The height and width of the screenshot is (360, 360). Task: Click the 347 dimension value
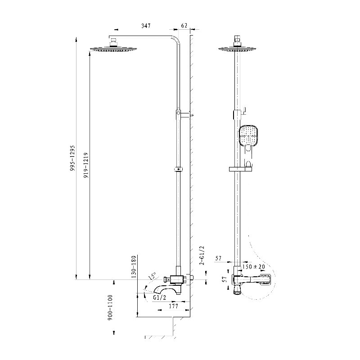(146, 26)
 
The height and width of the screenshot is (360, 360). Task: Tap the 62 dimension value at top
(184, 26)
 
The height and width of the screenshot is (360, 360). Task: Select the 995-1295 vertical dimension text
(72, 158)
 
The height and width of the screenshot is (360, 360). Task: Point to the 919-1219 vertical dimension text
(86, 165)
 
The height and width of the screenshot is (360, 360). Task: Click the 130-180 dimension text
(134, 267)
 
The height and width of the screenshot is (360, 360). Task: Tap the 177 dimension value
(173, 306)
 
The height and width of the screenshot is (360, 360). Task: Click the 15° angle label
(152, 276)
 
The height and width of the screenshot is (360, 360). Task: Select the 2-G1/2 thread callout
(202, 255)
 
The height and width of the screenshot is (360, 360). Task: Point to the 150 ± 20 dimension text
(253, 266)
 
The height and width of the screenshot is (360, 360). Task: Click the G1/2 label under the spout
(159, 297)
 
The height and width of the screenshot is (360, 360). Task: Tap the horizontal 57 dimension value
(218, 258)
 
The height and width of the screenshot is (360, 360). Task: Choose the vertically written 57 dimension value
(225, 279)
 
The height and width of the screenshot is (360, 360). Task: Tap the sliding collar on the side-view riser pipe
(178, 170)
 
